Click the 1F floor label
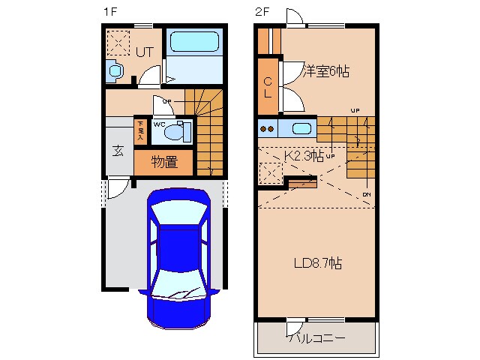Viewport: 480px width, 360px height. (110, 12)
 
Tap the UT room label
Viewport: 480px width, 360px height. (144, 52)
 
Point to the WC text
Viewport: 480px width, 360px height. (159, 124)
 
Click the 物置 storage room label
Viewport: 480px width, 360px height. (163, 161)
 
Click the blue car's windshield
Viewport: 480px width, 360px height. (179, 218)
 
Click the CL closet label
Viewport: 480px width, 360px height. (268, 87)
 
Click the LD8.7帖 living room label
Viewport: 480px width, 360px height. (317, 263)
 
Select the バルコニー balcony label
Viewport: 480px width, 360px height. (316, 338)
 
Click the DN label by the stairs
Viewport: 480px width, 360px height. (366, 195)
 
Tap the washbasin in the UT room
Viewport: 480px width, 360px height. (115, 72)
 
